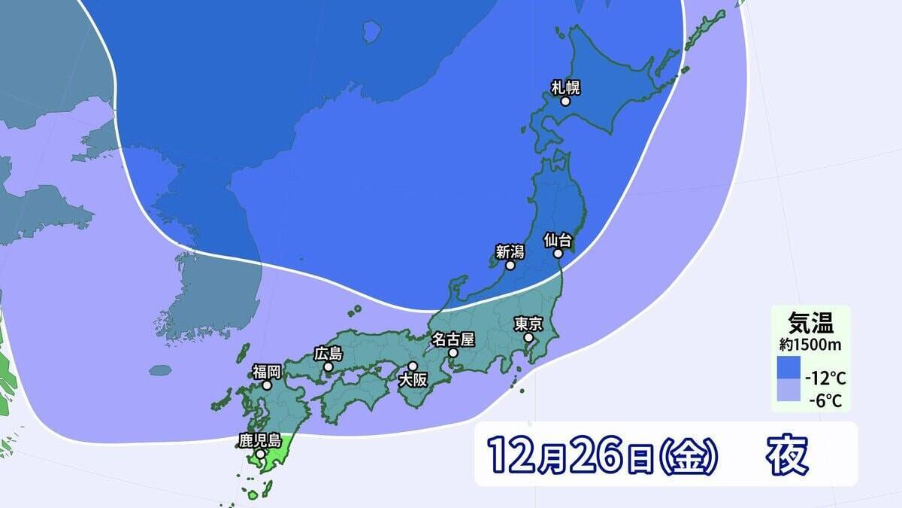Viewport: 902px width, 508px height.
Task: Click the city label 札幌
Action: click(x=565, y=87)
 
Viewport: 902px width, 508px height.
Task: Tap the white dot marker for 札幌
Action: click(x=565, y=101)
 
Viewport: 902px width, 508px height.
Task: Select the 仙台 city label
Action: click(x=558, y=240)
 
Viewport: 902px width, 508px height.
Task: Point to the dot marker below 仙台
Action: click(x=558, y=254)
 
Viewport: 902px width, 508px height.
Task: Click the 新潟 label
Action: click(x=510, y=251)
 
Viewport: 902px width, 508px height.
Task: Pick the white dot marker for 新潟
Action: click(x=510, y=265)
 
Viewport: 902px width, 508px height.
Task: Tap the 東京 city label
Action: click(x=528, y=324)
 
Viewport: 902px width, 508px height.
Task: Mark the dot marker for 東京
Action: click(x=528, y=338)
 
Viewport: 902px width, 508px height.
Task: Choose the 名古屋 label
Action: click(x=453, y=338)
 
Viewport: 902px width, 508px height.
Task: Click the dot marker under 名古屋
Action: click(x=453, y=351)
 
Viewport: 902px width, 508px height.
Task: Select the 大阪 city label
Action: click(x=413, y=379)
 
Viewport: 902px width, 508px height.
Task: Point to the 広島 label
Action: click(x=328, y=353)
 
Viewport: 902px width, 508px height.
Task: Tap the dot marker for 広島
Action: click(x=328, y=367)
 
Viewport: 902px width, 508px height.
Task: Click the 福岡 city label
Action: click(x=266, y=370)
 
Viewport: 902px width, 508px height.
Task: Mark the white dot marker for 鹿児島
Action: click(x=259, y=454)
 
